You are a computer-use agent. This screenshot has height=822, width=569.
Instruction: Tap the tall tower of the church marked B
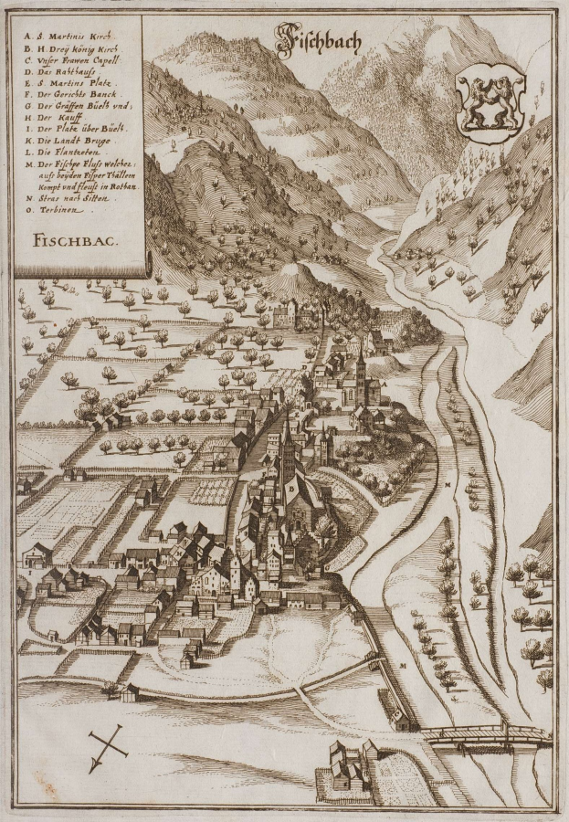coord(288,448)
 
